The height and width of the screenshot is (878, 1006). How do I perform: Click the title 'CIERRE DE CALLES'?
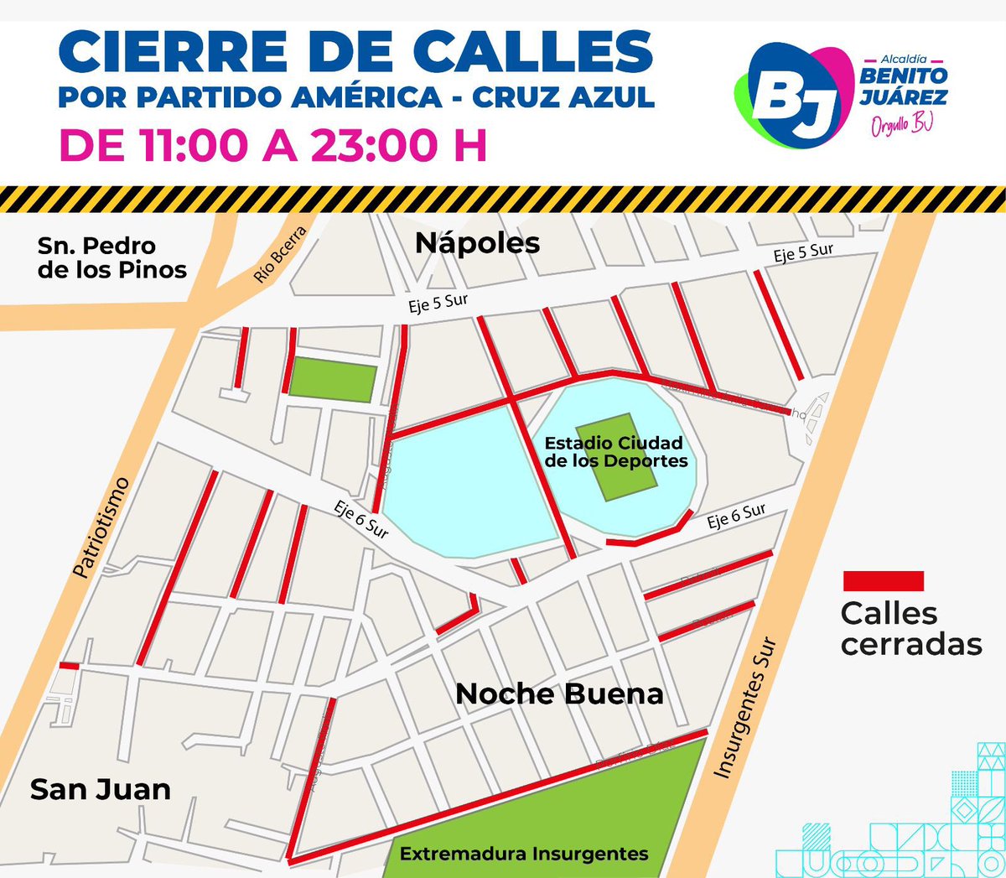355,53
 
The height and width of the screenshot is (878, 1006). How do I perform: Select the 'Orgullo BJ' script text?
902,124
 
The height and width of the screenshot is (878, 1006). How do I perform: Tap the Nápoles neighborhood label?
478,243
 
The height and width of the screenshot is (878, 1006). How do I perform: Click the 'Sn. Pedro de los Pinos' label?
111,257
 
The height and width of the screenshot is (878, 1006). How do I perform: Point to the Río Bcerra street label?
281,253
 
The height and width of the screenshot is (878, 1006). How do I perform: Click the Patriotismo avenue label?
101,527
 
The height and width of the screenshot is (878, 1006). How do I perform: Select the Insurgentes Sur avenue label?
745,709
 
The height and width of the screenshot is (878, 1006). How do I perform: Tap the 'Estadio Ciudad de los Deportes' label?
615,452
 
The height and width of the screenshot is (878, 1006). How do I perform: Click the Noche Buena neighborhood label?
559,694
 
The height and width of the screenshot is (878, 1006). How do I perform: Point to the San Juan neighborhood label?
101,789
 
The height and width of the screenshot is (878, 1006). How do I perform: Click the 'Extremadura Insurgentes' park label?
524,854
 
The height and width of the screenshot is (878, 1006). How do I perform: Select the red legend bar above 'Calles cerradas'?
883,581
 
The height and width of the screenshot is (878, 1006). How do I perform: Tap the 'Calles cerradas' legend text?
910,628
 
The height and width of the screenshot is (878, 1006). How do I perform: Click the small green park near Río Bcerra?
333,380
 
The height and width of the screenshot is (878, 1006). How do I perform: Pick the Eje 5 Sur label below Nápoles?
438,303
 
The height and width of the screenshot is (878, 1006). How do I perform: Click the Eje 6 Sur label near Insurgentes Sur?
736,515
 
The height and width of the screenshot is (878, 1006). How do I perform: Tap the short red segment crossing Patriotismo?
69,666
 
